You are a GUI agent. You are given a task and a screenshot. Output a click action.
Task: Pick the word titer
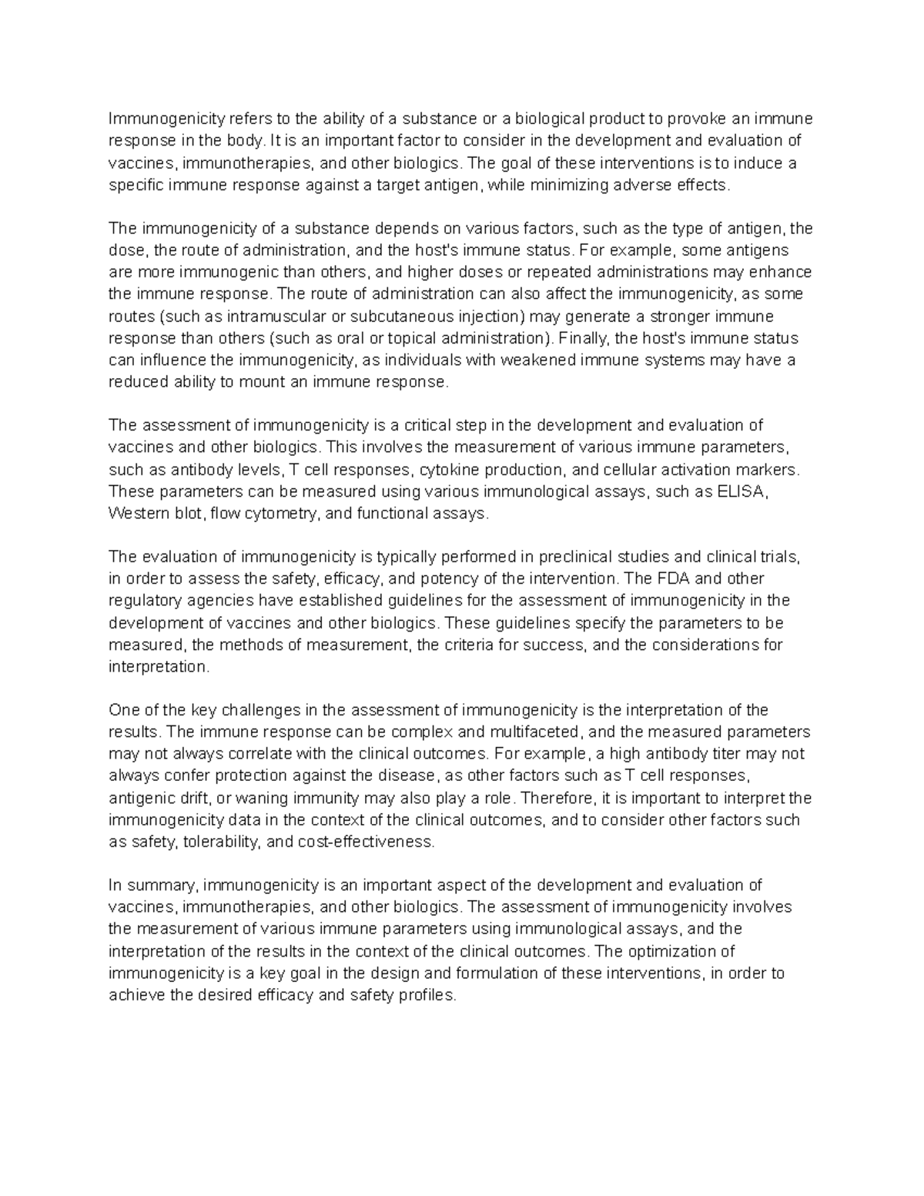pos(725,753)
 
